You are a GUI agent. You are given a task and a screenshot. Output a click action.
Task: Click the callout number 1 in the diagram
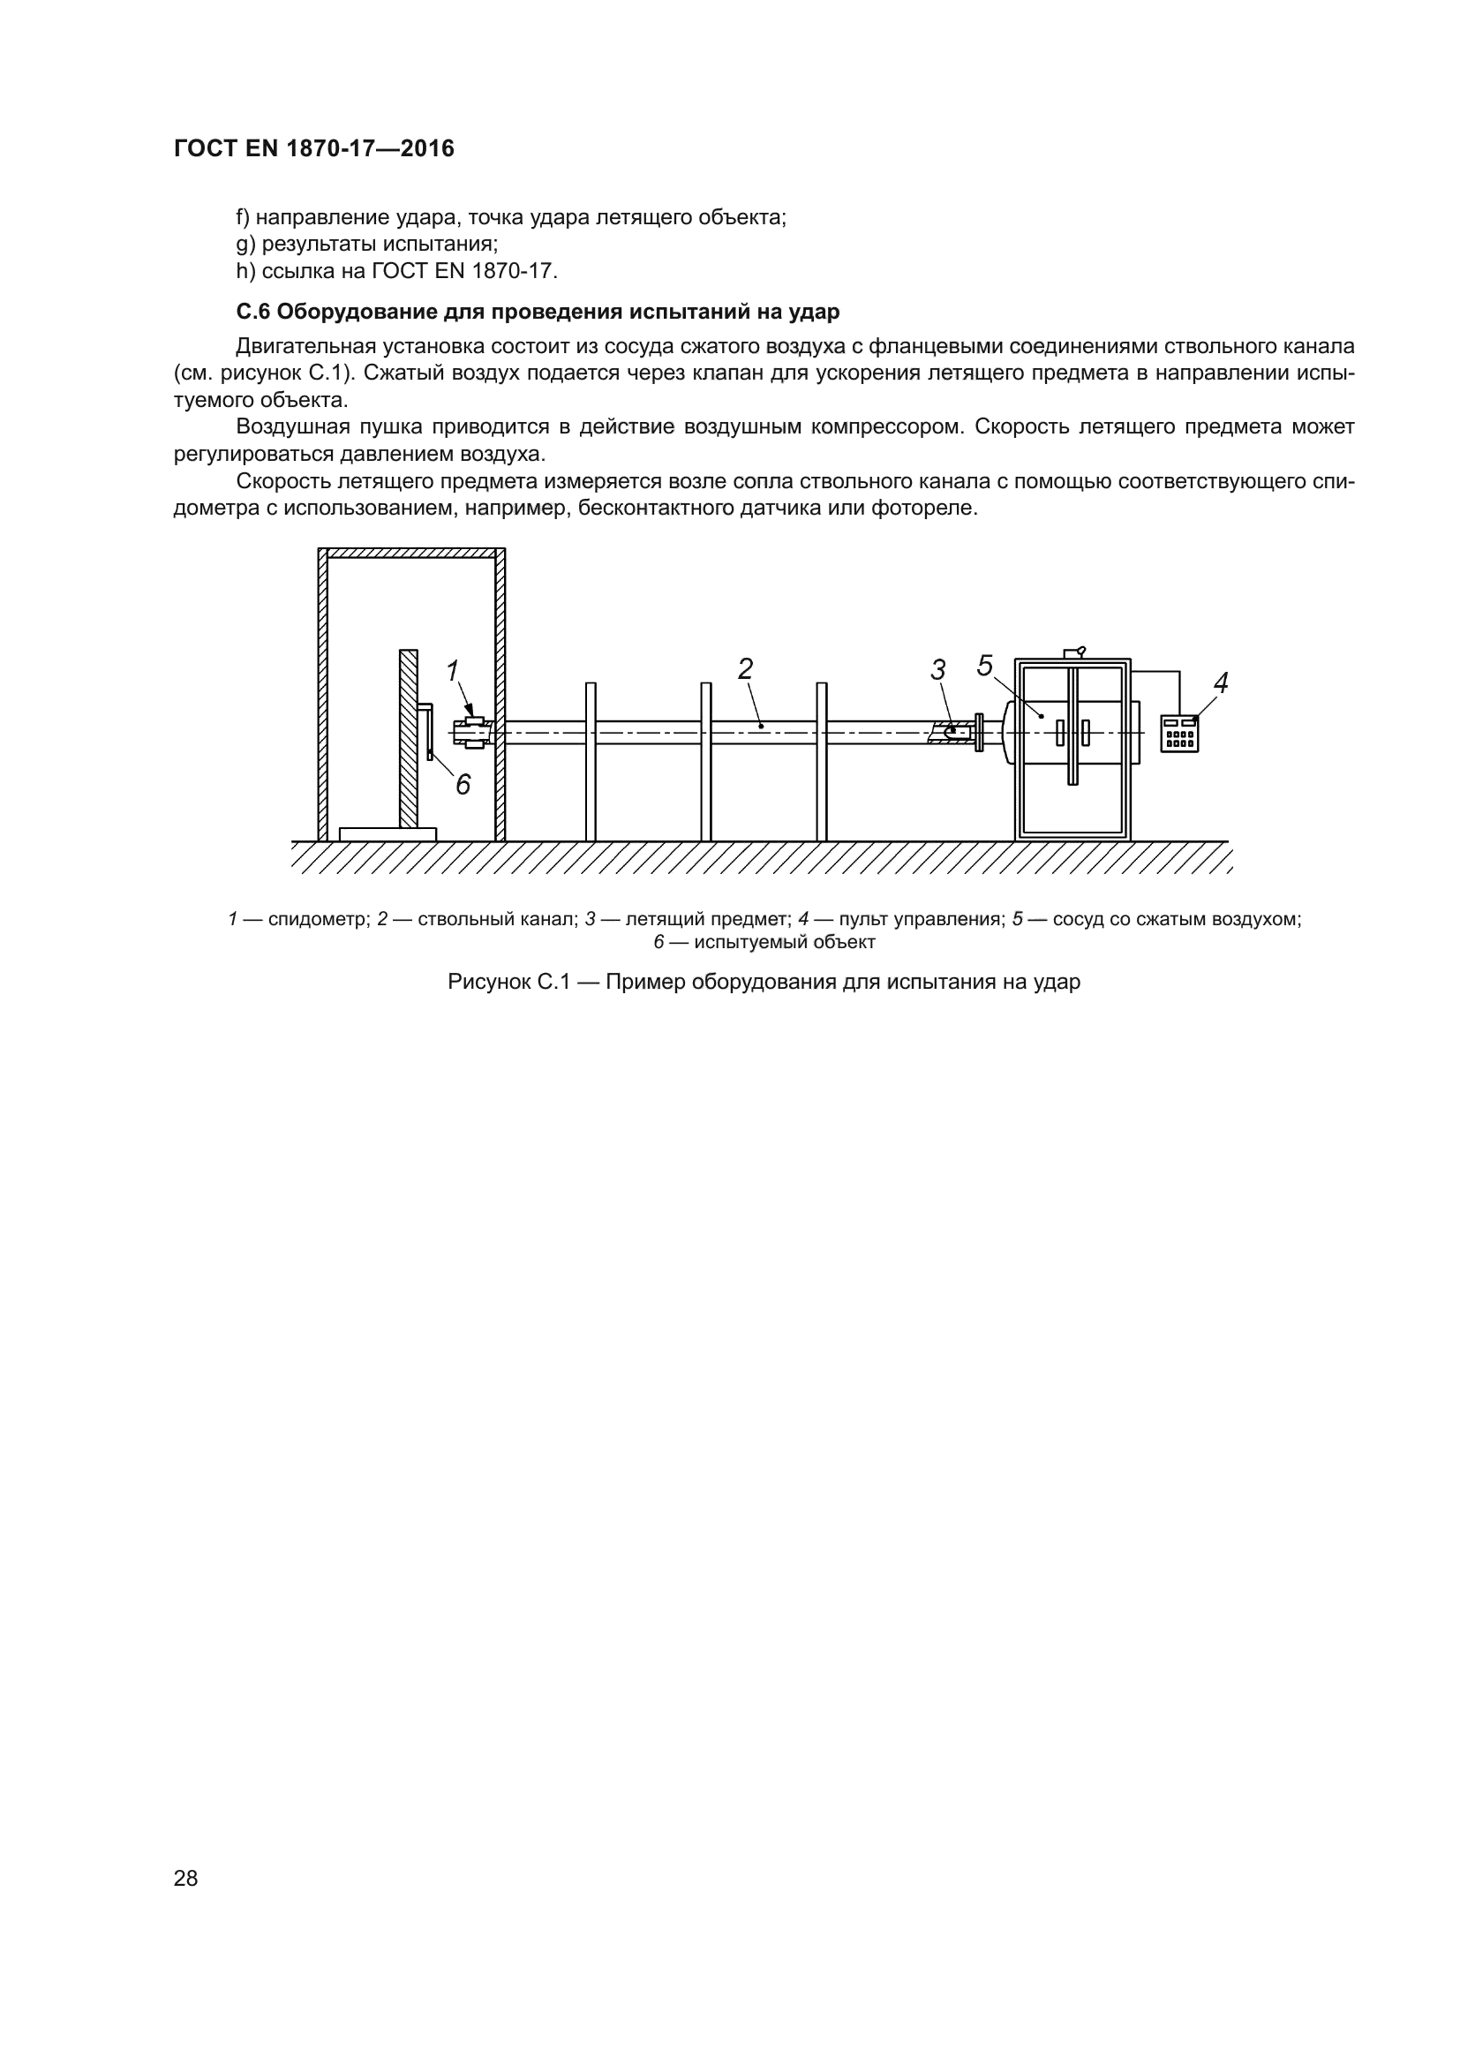click(x=453, y=671)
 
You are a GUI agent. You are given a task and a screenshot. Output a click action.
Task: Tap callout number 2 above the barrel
click(x=745, y=669)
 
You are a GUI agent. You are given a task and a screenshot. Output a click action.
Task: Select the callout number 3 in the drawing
click(x=937, y=670)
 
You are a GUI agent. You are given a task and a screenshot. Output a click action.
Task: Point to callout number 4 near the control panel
click(x=1220, y=683)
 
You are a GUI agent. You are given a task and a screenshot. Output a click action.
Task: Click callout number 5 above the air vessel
click(x=985, y=667)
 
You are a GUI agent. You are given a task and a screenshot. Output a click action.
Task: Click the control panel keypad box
click(x=1178, y=733)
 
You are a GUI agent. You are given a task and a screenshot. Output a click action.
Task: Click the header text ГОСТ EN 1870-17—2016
click(x=313, y=148)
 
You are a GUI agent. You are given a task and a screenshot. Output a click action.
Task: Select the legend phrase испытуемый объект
click(x=784, y=943)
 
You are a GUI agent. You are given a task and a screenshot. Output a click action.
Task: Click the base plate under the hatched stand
click(x=388, y=834)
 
